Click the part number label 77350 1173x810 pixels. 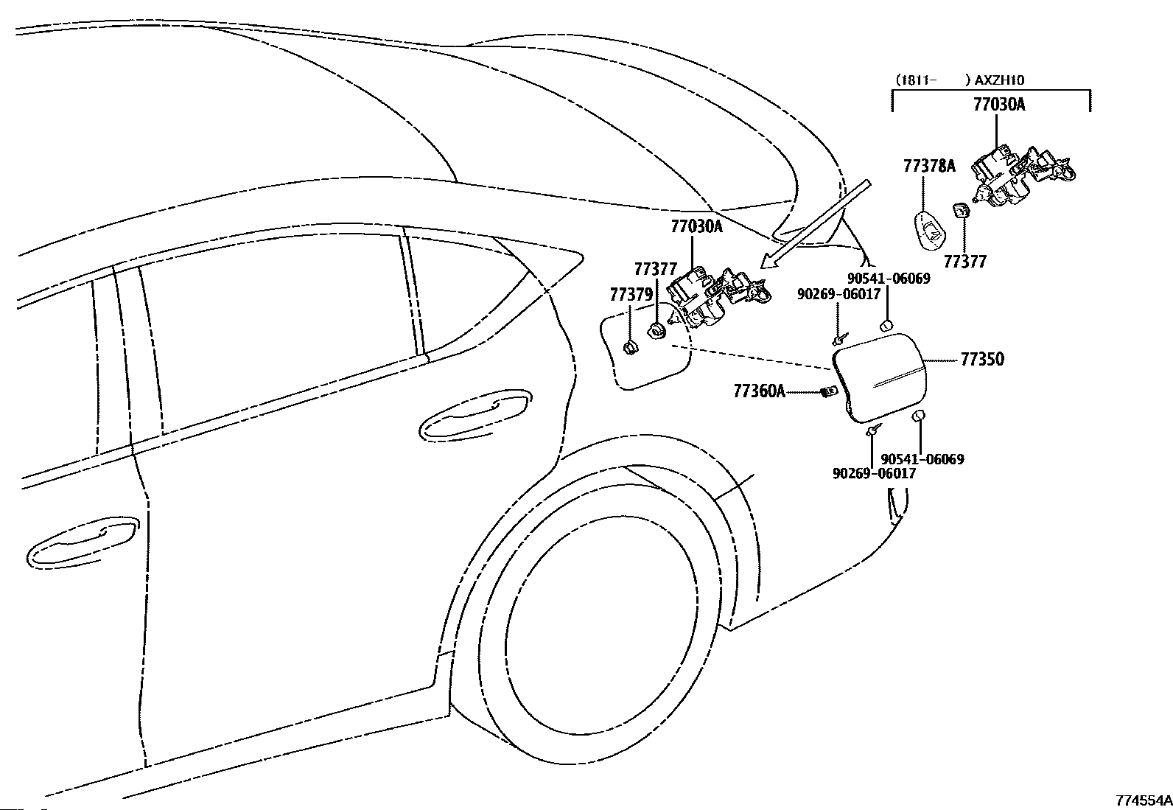point(982,360)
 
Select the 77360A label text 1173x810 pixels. point(760,391)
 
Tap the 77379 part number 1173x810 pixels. point(631,295)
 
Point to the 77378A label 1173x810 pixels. point(929,166)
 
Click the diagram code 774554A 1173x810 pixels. point(1144,800)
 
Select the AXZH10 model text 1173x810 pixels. point(999,80)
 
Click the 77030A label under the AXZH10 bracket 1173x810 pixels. point(999,105)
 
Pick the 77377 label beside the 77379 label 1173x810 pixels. point(656,269)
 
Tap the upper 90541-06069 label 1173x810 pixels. point(889,278)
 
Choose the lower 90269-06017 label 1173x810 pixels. point(874,473)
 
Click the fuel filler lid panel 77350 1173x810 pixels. point(880,377)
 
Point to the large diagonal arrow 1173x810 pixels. point(815,225)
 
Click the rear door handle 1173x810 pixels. point(475,415)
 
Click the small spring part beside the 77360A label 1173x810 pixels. point(828,391)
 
